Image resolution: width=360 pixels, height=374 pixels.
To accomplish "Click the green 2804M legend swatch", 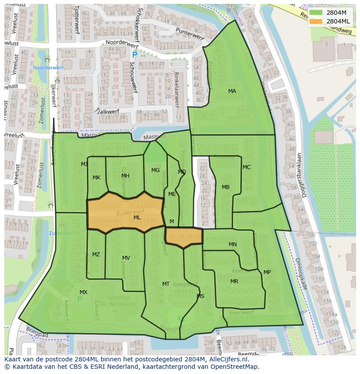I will click(x=317, y=12).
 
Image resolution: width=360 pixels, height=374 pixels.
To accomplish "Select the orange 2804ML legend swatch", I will click(x=317, y=21).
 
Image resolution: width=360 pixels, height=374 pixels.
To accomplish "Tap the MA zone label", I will click(x=232, y=91).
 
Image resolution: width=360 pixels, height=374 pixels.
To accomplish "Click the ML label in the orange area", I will click(x=137, y=218).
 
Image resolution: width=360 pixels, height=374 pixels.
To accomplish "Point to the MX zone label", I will click(x=83, y=292).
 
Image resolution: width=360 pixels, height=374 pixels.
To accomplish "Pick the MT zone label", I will click(x=166, y=284).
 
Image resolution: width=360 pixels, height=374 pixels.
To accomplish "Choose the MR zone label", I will click(x=234, y=281).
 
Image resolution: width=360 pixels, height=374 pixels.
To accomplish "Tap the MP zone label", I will click(x=267, y=272).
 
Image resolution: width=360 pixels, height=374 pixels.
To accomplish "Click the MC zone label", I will click(x=247, y=167).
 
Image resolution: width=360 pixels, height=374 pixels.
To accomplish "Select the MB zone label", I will click(x=226, y=187).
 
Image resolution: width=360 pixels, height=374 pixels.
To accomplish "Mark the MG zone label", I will click(x=155, y=170).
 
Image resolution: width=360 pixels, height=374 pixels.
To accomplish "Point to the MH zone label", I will click(x=125, y=176).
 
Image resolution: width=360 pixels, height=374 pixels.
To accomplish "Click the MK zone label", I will click(x=97, y=178).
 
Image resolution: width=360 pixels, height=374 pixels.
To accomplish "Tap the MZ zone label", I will click(x=96, y=255).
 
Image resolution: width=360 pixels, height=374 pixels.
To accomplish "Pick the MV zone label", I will click(x=126, y=258).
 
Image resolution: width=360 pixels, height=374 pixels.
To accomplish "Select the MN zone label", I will click(x=233, y=245).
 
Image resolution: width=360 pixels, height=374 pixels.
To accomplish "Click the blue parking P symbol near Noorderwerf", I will click(x=134, y=55).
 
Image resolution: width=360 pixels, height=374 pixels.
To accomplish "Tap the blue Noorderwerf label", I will click(x=48, y=68).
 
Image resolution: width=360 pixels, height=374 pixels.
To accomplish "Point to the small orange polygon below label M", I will click(x=184, y=237).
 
